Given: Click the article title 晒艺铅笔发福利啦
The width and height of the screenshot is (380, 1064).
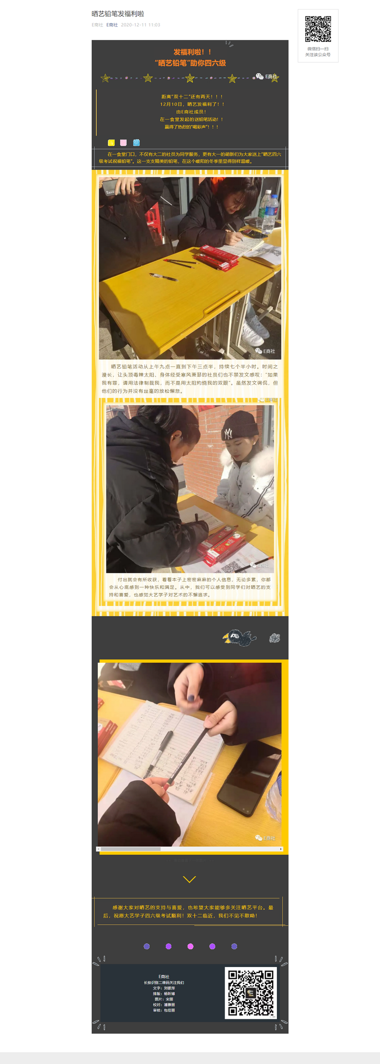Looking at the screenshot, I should tap(118, 14).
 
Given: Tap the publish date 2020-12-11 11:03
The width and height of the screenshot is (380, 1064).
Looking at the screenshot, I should tap(141, 25).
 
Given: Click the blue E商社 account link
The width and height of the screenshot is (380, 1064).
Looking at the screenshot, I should tap(112, 25).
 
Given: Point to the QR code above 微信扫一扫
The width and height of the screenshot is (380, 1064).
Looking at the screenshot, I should tap(318, 29).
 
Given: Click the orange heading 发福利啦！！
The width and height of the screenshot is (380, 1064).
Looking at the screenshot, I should tap(192, 52).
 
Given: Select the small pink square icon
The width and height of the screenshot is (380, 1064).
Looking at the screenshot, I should tap(123, 143).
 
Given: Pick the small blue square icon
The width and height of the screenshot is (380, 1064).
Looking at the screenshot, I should tap(136, 143).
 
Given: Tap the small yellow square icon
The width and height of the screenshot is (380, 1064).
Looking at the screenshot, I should tap(111, 143).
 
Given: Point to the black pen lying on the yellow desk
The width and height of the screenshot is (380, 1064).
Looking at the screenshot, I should tap(163, 277).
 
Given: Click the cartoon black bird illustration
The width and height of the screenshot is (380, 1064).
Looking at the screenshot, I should tap(240, 638).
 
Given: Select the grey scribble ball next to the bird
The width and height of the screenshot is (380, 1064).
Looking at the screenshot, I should tap(275, 638).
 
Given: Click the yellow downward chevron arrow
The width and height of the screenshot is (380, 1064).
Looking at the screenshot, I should tap(190, 880).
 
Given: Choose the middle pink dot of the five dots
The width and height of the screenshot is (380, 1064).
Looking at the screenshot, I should tap(190, 946).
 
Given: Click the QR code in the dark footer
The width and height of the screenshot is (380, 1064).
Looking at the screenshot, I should tap(250, 993).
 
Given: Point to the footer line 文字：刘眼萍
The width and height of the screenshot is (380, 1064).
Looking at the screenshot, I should tap(164, 988).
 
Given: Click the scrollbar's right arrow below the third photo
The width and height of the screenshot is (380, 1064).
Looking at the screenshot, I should tap(281, 849).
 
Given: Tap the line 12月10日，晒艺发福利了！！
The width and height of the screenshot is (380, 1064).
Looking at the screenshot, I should tap(192, 104).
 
